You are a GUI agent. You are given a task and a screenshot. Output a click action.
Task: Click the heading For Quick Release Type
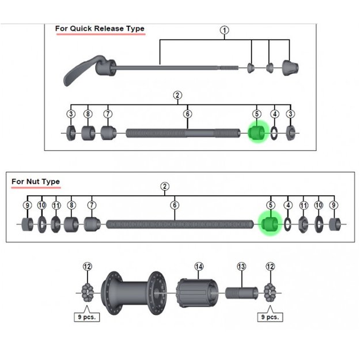coord(100,28)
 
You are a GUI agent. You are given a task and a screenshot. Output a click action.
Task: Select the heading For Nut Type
coord(36,181)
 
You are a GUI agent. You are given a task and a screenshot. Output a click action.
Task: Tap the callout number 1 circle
coord(225,30)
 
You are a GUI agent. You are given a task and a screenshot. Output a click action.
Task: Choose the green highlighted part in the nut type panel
coord(269,223)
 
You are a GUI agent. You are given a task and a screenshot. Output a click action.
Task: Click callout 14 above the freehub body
coord(199,266)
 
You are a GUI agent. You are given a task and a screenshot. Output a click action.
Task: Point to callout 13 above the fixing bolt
coord(241,266)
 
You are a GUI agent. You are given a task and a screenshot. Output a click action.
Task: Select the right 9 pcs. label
coord(270,317)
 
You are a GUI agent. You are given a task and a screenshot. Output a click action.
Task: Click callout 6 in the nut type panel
coord(175,205)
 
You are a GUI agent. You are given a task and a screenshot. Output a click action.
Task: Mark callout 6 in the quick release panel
coord(187,114)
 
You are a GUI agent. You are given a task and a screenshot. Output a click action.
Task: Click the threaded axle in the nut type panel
coord(179,224)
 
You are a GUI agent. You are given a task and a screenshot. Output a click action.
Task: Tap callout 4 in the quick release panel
coord(275,114)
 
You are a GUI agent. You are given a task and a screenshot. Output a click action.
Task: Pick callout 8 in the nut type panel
coord(71,205)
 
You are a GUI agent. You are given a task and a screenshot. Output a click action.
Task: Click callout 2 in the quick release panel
coord(177,96)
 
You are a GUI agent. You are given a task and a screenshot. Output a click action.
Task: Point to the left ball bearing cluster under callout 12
coord(88,293)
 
